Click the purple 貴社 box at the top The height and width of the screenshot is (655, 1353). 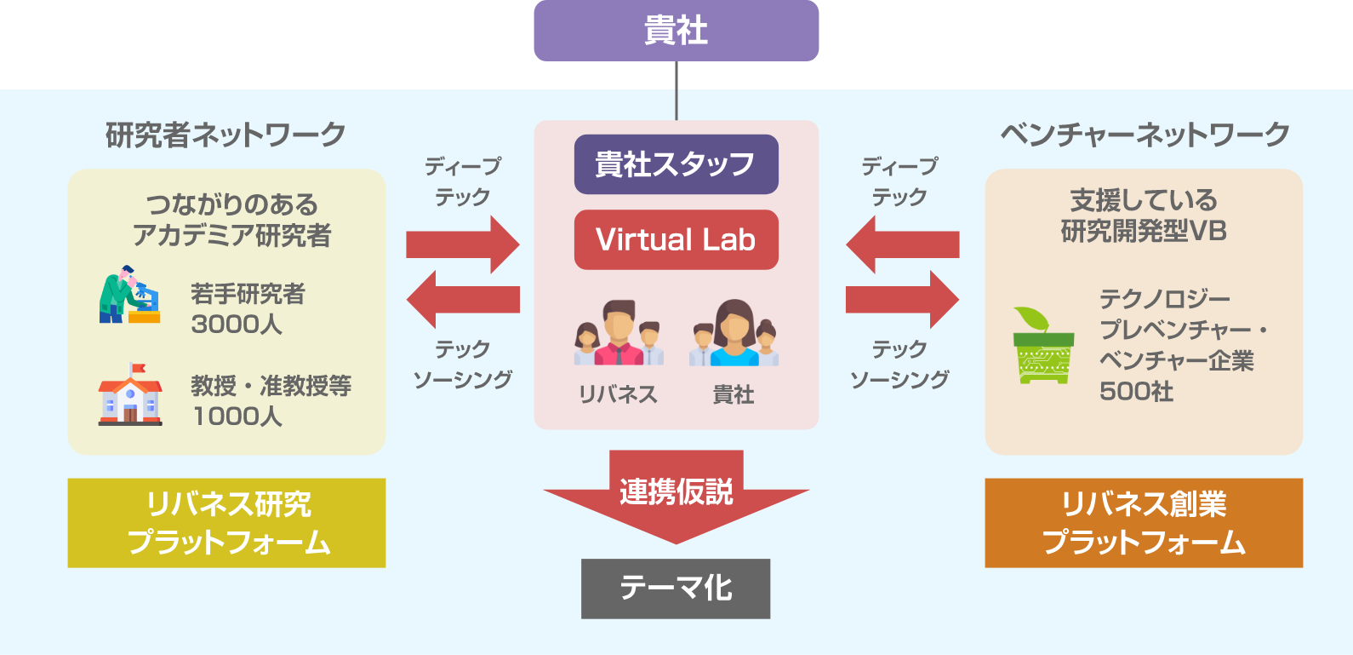[676, 31]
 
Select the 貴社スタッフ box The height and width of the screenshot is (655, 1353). [676, 164]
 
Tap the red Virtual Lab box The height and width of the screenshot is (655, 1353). [676, 240]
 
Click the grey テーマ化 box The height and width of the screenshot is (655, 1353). [676, 589]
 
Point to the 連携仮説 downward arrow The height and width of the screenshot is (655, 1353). [676, 494]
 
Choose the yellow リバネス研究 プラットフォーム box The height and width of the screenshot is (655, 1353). [226, 523]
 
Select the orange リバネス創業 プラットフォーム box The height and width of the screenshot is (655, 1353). [1144, 523]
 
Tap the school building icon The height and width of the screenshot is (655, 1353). [130, 394]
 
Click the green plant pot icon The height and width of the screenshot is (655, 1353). [1043, 345]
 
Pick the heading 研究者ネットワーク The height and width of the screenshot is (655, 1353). [225, 135]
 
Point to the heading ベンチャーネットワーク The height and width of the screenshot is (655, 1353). [1145, 135]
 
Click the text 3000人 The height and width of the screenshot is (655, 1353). [237, 325]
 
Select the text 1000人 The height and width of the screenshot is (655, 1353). [237, 417]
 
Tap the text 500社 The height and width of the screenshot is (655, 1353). [1136, 392]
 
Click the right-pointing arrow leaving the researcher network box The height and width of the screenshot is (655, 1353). [462, 244]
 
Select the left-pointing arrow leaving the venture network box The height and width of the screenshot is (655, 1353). [902, 244]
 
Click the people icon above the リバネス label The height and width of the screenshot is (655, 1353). [619, 333]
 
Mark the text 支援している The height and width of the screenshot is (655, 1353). [1144, 201]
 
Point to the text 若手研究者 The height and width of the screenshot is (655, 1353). [248, 295]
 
